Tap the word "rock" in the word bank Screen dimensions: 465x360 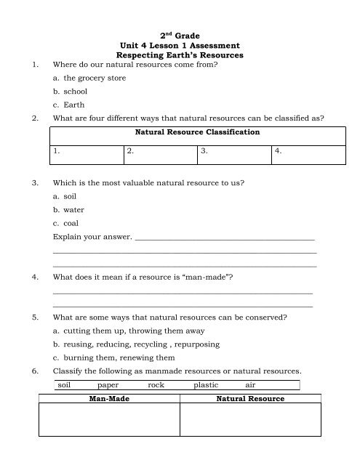(x=156, y=385)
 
